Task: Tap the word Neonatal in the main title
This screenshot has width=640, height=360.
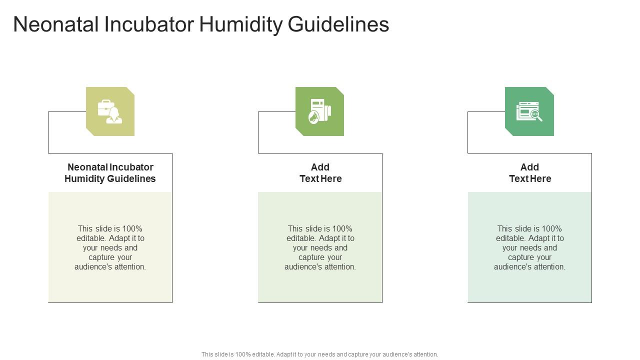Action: (x=55, y=24)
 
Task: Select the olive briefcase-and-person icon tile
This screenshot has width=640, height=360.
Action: (x=110, y=111)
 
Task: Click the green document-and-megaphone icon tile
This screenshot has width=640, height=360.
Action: (x=319, y=111)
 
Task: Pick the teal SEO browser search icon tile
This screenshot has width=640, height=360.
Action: (x=529, y=111)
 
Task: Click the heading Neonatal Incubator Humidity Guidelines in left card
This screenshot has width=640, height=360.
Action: (x=110, y=173)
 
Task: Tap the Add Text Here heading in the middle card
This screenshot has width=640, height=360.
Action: (x=320, y=173)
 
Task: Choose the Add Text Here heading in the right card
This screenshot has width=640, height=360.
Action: (x=530, y=173)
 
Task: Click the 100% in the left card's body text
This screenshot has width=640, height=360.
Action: (x=132, y=229)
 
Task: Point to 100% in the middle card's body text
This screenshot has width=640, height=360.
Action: (x=342, y=229)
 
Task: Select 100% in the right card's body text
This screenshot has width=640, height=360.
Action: (x=551, y=229)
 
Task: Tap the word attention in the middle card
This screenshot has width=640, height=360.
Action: (x=338, y=267)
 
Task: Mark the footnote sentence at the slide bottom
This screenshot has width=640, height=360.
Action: (x=320, y=354)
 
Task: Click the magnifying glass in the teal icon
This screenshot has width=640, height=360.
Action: (x=536, y=115)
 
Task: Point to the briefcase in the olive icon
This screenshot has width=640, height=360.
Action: (x=105, y=107)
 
